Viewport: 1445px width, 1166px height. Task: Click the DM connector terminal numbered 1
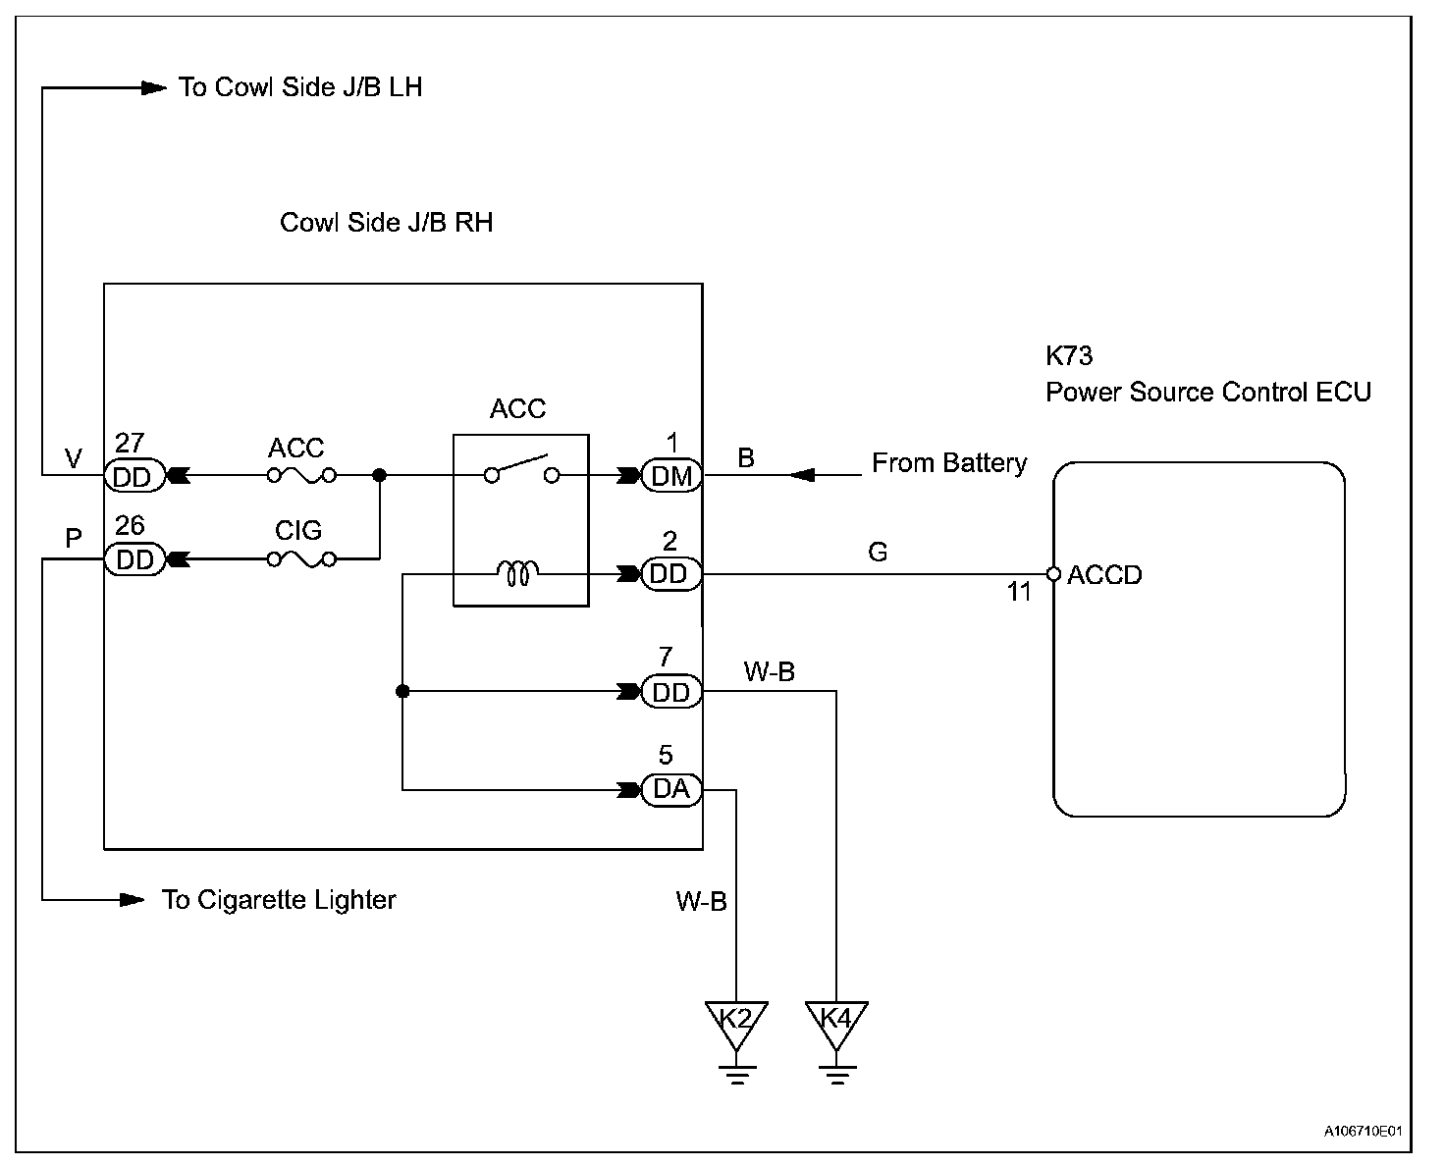(x=670, y=475)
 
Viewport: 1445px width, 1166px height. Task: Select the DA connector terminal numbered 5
(x=670, y=789)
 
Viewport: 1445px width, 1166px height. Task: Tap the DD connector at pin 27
(x=134, y=475)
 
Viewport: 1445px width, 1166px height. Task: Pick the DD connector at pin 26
(x=134, y=559)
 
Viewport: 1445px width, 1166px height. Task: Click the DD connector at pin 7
(x=670, y=691)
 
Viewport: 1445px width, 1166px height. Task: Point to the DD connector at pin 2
(x=670, y=574)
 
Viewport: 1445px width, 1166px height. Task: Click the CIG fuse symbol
(x=302, y=559)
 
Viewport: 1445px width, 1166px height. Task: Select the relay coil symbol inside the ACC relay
(x=518, y=574)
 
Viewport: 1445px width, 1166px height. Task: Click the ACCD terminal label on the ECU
(x=1104, y=575)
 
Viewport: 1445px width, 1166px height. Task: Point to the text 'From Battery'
(x=949, y=463)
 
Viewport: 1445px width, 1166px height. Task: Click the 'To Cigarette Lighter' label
(x=279, y=900)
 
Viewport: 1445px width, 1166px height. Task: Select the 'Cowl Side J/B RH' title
(x=386, y=223)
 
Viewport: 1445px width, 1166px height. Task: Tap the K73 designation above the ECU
(x=1069, y=355)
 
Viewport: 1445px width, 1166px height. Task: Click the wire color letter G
(x=878, y=553)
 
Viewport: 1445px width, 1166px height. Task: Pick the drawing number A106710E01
(x=1363, y=1131)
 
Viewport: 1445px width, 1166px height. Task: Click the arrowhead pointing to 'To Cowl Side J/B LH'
(x=154, y=87)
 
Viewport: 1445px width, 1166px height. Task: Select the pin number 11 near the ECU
(x=1018, y=592)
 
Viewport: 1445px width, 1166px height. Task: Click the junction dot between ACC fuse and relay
(x=380, y=475)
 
